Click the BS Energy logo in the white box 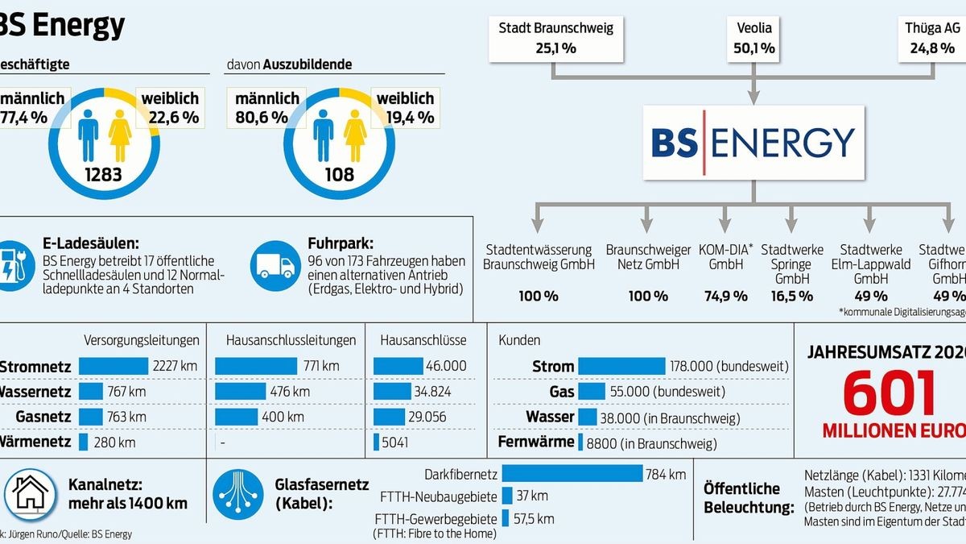coord(753,143)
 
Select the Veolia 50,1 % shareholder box coord(753,38)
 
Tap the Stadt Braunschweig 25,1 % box coord(555,38)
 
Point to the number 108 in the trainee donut coord(339,174)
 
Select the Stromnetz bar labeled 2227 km coord(114,366)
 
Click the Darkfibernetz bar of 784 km coord(572,474)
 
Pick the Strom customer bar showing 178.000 coord(621,366)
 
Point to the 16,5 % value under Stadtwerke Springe coord(792,296)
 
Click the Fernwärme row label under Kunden coord(536,442)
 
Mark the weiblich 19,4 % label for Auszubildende coord(406,107)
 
